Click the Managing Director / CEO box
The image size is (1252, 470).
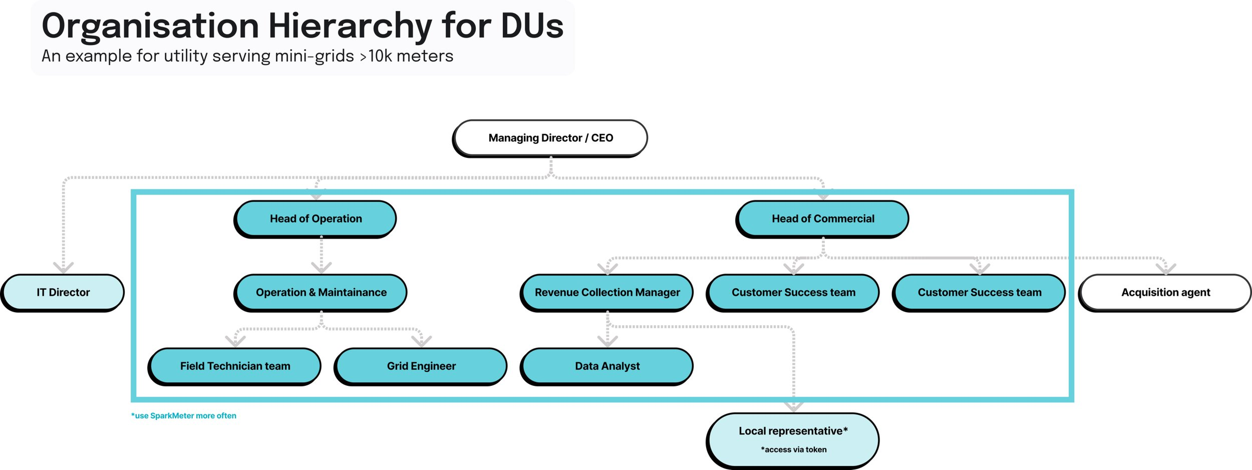click(550, 138)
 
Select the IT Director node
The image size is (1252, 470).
click(63, 293)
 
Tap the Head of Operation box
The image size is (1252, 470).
click(315, 219)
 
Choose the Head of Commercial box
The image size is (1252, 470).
click(822, 219)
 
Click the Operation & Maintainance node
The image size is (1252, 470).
click(321, 293)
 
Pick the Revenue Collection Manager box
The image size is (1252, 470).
click(607, 293)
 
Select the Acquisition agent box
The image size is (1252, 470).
click(1165, 293)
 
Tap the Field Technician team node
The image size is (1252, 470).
click(234, 366)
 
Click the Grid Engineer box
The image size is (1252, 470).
click(421, 366)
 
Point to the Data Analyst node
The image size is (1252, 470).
click(607, 366)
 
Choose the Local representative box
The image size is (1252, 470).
click(793, 440)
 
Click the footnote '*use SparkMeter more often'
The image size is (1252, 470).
click(184, 416)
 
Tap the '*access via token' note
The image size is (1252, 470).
click(794, 450)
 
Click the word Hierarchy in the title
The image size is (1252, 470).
click(350, 26)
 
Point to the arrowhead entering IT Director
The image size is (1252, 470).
click(64, 267)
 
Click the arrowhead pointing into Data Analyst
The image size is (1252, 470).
click(607, 341)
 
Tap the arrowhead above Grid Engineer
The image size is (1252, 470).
click(422, 341)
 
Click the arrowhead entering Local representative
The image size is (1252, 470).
click(794, 406)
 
